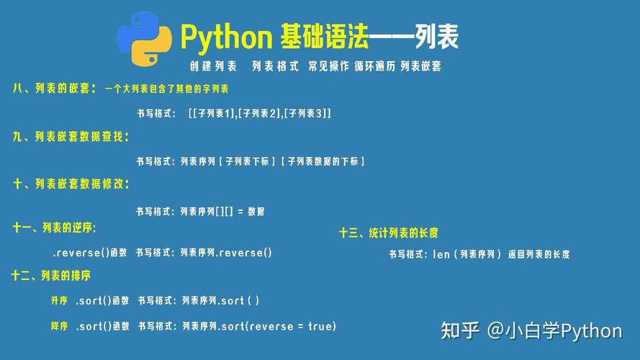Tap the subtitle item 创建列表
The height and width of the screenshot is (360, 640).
point(213,66)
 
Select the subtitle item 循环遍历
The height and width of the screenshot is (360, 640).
point(375,66)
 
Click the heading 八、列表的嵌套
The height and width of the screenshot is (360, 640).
point(53,89)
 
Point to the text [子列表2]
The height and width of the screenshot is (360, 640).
point(260,113)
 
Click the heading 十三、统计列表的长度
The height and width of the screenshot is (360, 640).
point(389,233)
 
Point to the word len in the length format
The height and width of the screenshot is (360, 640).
point(441,254)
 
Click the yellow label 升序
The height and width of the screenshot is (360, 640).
point(59,300)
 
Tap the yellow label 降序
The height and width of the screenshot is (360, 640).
point(59,326)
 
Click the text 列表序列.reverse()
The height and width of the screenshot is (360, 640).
point(226,253)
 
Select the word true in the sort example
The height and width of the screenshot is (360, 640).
point(320,326)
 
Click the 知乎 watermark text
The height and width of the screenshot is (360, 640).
point(460,330)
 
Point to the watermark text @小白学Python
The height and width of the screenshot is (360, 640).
point(554,330)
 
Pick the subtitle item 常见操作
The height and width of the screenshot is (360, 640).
point(328,66)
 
